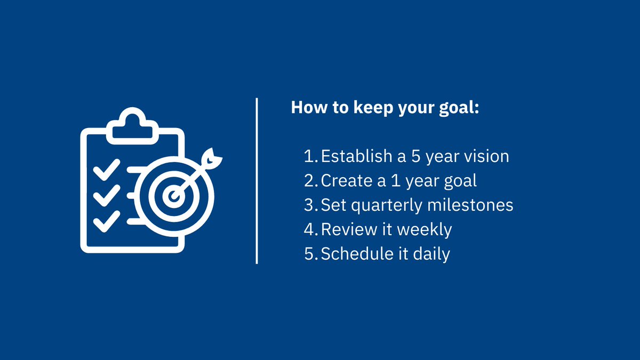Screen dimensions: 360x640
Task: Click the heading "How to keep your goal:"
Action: coord(385,107)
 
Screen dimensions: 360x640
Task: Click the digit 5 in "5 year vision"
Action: coord(416,156)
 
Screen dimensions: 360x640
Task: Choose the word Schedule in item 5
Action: coord(356,254)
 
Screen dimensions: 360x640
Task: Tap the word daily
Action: coord(431,254)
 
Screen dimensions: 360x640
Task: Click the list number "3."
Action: coord(311,205)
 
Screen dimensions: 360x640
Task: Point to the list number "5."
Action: coord(311,254)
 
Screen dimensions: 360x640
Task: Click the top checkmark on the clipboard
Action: coord(106,172)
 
